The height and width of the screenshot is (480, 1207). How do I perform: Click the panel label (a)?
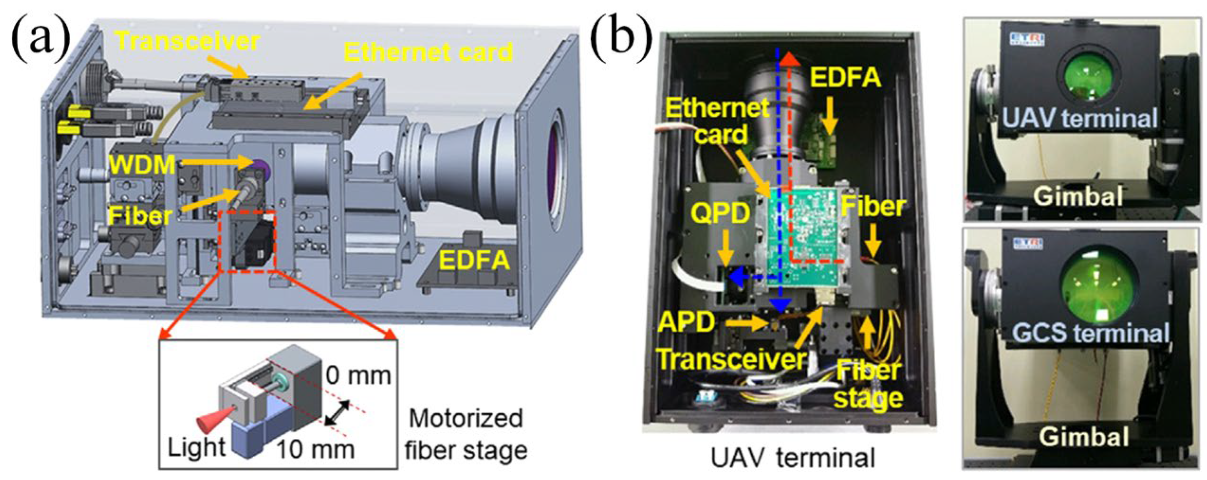pyautogui.click(x=40, y=40)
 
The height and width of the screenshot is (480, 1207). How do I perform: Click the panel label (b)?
pyautogui.click(x=621, y=40)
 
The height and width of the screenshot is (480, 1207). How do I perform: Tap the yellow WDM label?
pyautogui.click(x=142, y=165)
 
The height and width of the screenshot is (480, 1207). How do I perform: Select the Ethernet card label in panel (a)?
pyautogui.click(x=428, y=52)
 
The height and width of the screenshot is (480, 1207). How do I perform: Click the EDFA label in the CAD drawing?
pyautogui.click(x=474, y=260)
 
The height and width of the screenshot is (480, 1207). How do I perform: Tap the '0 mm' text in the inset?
pyautogui.click(x=358, y=376)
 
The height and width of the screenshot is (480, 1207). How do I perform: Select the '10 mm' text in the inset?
pyautogui.click(x=315, y=449)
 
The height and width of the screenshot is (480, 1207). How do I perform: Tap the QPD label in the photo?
pyautogui.click(x=720, y=213)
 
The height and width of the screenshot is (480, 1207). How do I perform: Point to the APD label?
pyautogui.click(x=686, y=323)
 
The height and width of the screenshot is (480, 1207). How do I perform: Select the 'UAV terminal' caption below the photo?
pyautogui.click(x=792, y=458)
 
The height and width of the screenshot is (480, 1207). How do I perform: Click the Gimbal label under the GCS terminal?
pyautogui.click(x=1083, y=436)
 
